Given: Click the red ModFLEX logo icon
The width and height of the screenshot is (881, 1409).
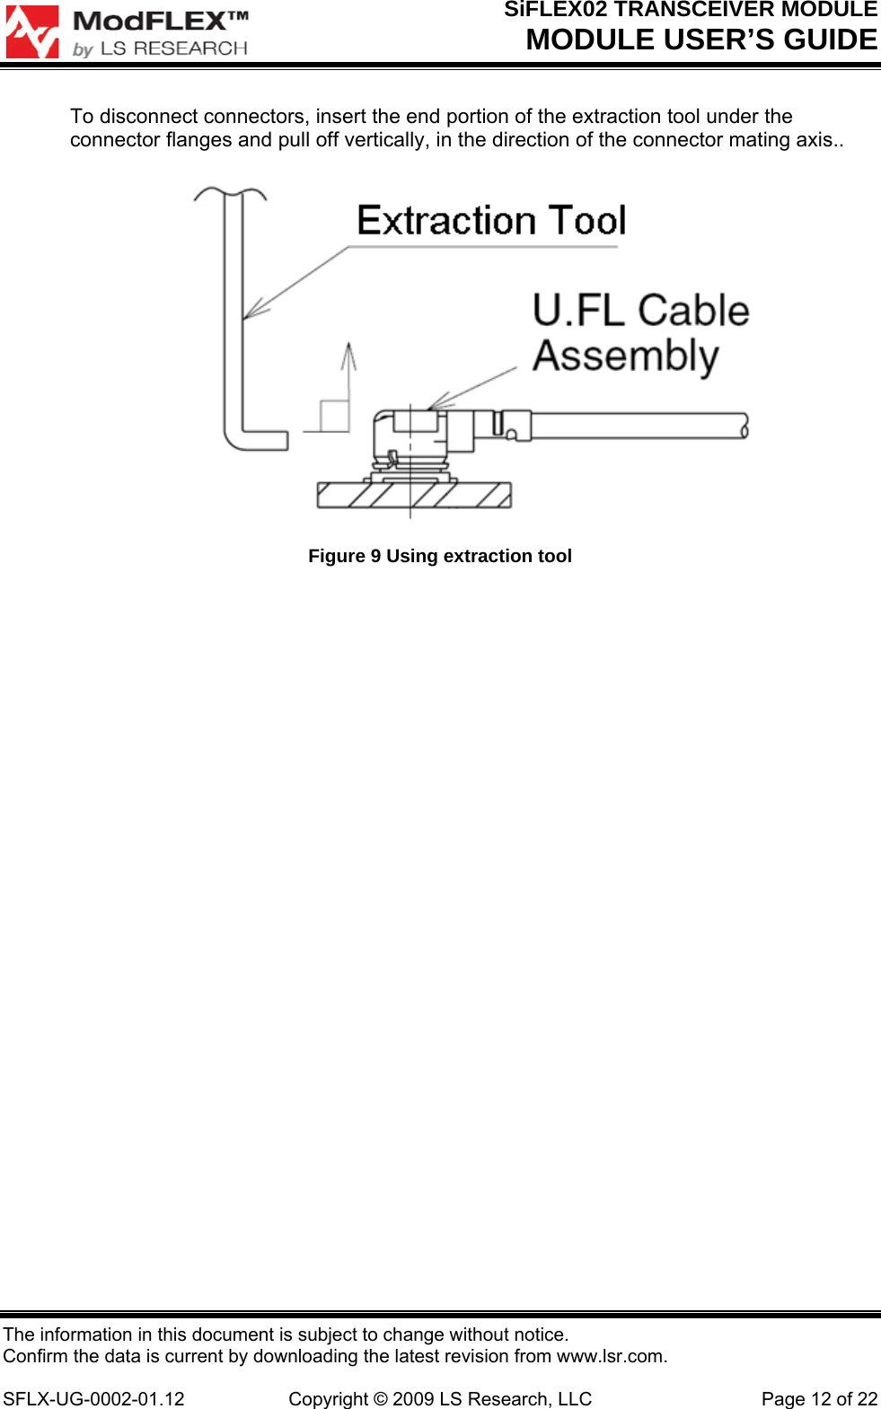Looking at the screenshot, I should (x=32, y=31).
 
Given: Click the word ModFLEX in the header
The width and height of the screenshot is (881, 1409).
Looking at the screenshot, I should (x=150, y=21).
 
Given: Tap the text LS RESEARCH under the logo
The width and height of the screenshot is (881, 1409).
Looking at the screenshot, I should (x=173, y=48).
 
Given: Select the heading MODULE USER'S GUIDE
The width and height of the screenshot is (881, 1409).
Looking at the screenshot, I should (x=701, y=40).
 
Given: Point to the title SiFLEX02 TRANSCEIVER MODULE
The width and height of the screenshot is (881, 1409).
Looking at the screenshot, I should (x=691, y=10).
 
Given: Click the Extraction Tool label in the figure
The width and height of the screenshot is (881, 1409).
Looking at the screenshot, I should (x=491, y=221).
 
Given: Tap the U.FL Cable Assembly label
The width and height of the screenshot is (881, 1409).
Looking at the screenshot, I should (x=640, y=332).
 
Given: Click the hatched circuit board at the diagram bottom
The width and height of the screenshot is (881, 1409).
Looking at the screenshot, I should (x=414, y=495).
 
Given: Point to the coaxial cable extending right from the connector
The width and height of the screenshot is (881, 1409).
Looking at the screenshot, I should (x=638, y=425).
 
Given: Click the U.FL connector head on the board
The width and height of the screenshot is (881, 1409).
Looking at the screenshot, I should (x=413, y=431).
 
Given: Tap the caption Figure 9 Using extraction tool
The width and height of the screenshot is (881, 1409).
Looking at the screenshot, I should (x=440, y=556).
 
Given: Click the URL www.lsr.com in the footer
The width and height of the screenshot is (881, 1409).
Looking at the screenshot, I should (x=611, y=1356).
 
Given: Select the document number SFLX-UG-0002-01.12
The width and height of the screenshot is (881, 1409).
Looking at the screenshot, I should (x=93, y=1399).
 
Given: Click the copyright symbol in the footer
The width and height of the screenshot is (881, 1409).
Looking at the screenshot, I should (x=381, y=1399).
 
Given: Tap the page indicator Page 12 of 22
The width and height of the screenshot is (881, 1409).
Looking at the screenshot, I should (x=819, y=1399).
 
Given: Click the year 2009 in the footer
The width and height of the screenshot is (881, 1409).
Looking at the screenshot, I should (x=413, y=1399).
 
